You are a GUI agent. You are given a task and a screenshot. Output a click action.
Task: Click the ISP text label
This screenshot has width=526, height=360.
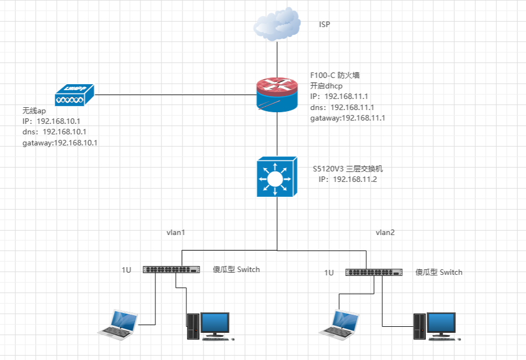(325, 25)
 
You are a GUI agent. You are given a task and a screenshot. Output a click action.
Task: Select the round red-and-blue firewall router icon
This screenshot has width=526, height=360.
(277, 94)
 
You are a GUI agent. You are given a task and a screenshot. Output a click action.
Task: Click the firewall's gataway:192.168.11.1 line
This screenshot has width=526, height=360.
(347, 118)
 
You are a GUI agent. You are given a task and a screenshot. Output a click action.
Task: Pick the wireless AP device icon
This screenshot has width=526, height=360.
(75, 95)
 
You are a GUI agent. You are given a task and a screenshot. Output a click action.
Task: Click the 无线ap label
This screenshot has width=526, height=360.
(34, 111)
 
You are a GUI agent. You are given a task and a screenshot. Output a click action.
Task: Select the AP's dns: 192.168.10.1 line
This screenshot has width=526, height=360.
(54, 132)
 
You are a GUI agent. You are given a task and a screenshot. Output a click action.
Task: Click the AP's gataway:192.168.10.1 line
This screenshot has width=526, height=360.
(60, 143)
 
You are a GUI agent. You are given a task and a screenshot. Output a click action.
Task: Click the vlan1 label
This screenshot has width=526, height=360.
(175, 232)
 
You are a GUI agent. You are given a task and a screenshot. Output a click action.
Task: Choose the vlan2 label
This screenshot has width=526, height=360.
(385, 232)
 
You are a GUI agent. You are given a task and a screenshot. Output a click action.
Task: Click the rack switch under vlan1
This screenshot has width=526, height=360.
(171, 270)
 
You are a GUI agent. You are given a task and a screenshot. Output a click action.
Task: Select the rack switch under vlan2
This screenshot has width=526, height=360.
(374, 272)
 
